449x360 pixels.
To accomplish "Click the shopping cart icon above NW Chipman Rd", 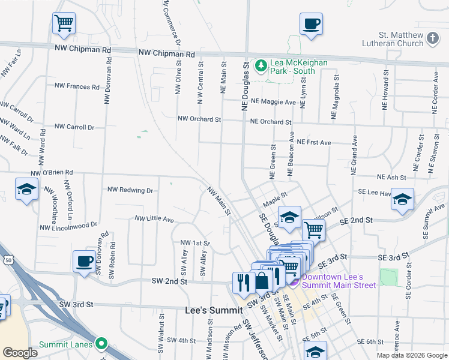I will pyautogui.click(x=64, y=23).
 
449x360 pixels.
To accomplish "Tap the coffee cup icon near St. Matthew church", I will pyautogui.click(x=311, y=24).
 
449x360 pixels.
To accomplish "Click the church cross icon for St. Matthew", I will pyautogui.click(x=433, y=40).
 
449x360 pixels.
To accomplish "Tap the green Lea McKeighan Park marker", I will pyautogui.click(x=261, y=65).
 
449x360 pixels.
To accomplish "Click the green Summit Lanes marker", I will pyautogui.click(x=101, y=344).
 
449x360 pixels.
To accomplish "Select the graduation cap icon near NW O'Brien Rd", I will pyautogui.click(x=26, y=189).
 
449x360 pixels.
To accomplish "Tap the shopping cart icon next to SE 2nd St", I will pyautogui.click(x=313, y=229).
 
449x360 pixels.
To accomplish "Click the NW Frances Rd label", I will pyautogui.click(x=74, y=86).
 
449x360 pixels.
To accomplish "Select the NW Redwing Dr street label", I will pyautogui.click(x=130, y=190).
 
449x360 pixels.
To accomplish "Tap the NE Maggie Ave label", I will pyautogui.click(x=273, y=101).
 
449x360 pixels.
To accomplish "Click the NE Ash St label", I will pyautogui.click(x=391, y=178).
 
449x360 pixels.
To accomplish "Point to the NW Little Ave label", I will pyautogui.click(x=154, y=219).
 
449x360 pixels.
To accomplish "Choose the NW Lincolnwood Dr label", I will pyautogui.click(x=68, y=226).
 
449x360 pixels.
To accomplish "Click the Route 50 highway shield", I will pyautogui.click(x=8, y=259).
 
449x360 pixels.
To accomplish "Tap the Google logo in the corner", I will pyautogui.click(x=20, y=353).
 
